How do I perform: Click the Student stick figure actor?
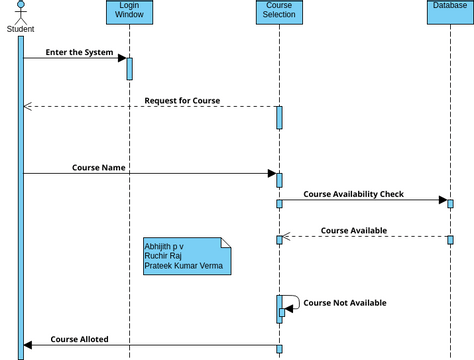tap(20, 11)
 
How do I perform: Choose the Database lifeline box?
tap(450, 7)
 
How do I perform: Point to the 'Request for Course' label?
tap(182, 100)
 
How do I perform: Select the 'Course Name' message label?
tap(99, 167)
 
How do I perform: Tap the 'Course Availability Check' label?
tap(353, 194)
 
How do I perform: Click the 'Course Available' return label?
tap(354, 230)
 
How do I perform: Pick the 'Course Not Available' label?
tap(344, 302)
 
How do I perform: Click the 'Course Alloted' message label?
tap(80, 339)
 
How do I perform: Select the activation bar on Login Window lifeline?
tap(129, 68)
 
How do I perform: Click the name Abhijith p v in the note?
tap(164, 245)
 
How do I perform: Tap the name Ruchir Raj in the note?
tap(163, 255)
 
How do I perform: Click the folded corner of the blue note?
tap(226, 242)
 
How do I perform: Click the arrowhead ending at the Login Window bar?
tap(121, 58)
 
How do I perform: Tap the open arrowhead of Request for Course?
tap(27, 106)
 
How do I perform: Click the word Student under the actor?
tap(20, 29)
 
